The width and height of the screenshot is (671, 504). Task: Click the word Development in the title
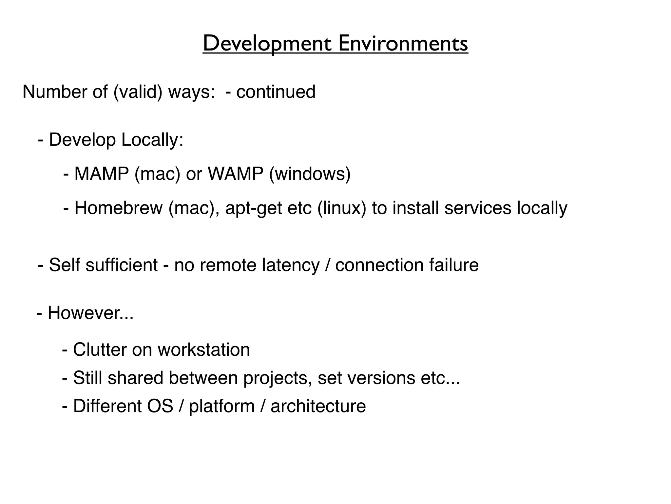click(x=267, y=44)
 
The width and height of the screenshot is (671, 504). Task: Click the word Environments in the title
click(x=403, y=44)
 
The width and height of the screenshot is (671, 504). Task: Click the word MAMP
click(x=102, y=174)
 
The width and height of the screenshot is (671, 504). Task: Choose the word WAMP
click(x=236, y=174)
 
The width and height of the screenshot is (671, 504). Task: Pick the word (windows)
click(x=310, y=174)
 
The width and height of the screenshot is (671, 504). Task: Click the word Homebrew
click(x=119, y=208)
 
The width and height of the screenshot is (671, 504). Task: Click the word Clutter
click(x=100, y=349)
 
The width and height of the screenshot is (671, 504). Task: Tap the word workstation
click(x=204, y=349)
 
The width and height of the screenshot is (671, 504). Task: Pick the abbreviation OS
click(x=160, y=406)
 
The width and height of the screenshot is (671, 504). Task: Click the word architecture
click(x=318, y=406)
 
